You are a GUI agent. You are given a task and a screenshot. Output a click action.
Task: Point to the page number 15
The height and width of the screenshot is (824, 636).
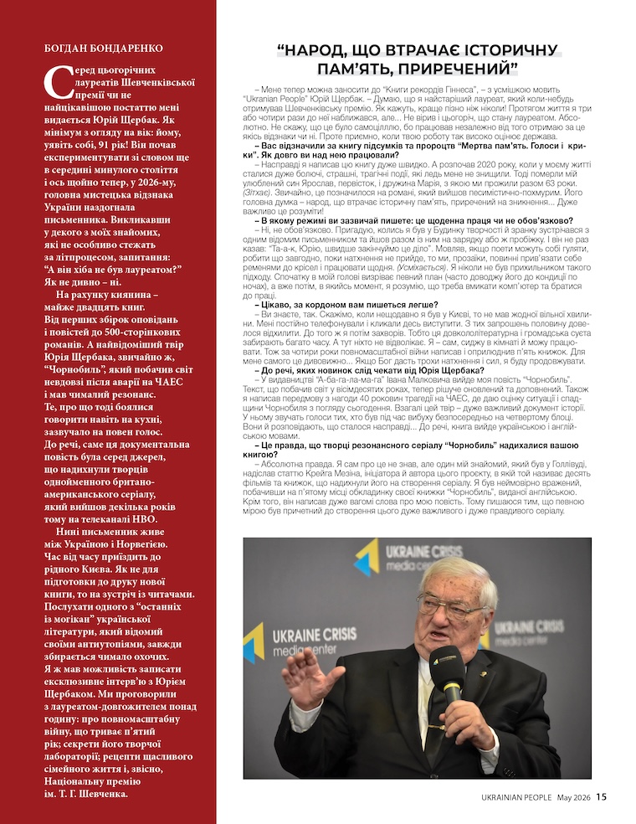coord(602,796)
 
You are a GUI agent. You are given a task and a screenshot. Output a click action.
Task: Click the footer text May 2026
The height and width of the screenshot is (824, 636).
coord(574,796)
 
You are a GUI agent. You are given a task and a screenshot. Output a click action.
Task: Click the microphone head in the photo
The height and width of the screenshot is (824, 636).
coord(446,666)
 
